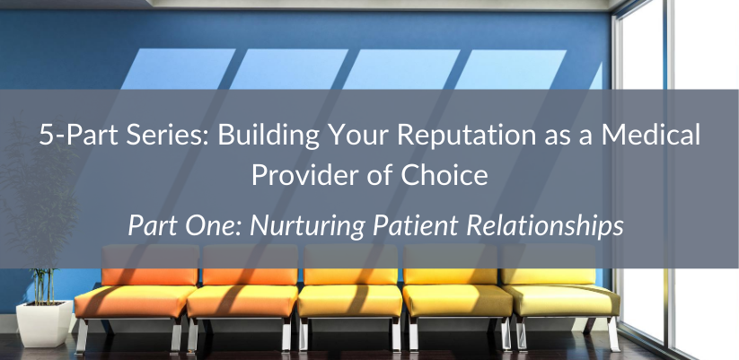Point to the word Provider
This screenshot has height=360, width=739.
pyautogui.click(x=298, y=174)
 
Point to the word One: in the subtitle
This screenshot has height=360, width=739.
pyautogui.click(x=204, y=224)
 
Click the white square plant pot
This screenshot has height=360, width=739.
pyautogui.click(x=42, y=322)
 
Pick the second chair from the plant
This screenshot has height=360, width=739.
pyautogui.click(x=242, y=296)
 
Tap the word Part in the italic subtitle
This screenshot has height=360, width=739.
pyautogui.click(x=151, y=224)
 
